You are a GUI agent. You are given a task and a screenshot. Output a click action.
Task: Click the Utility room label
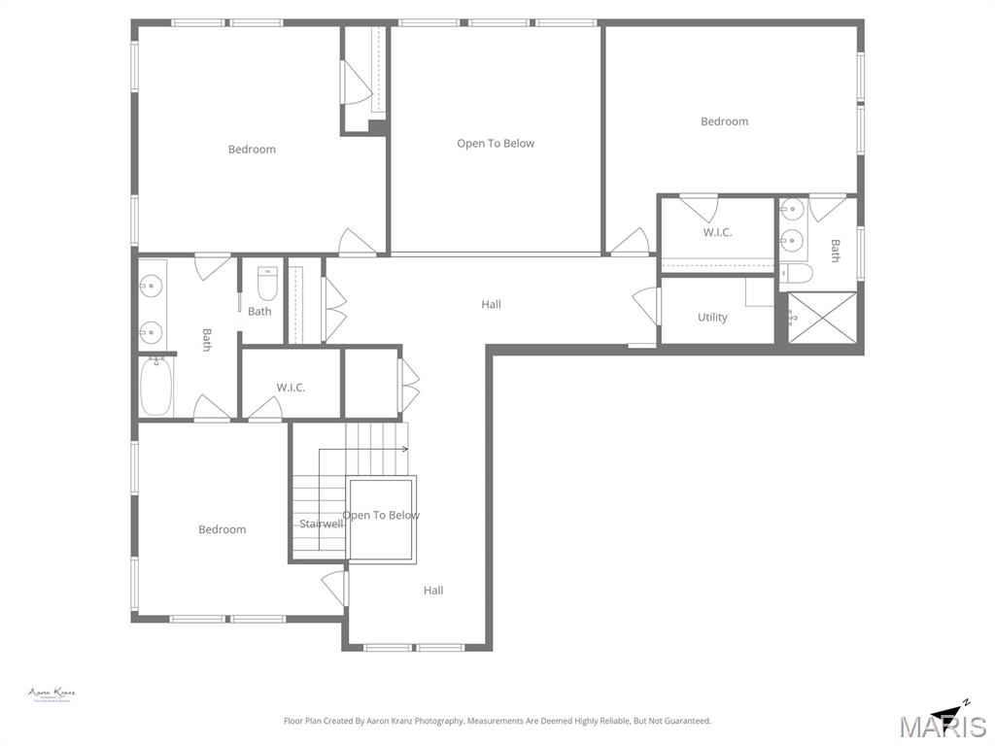click(712, 318)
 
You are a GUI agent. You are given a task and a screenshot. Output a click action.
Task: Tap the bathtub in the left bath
click(155, 388)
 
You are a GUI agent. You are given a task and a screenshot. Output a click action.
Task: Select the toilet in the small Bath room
click(267, 285)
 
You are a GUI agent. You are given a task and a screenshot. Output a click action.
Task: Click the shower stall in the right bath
click(821, 317)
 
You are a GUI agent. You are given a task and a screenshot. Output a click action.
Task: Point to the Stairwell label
click(321, 525)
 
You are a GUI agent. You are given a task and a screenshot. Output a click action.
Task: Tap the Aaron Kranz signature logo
click(51, 695)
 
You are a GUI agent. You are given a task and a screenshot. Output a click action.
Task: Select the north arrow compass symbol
click(950, 712)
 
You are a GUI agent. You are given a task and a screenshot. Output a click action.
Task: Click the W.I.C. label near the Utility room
click(717, 233)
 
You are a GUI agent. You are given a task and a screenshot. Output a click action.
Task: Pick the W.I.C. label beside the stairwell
click(291, 388)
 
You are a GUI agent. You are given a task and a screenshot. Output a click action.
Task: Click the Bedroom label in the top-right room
click(725, 121)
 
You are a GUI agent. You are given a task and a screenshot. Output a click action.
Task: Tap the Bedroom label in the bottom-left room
click(223, 529)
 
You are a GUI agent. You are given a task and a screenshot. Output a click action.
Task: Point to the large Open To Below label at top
click(496, 144)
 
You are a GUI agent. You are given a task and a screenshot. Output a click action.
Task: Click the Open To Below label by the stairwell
click(382, 515)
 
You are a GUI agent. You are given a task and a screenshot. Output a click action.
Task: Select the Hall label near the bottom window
click(433, 591)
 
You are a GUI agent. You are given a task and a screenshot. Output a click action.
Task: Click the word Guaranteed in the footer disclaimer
click(684, 721)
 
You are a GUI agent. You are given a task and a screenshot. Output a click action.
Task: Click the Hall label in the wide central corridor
click(492, 305)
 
